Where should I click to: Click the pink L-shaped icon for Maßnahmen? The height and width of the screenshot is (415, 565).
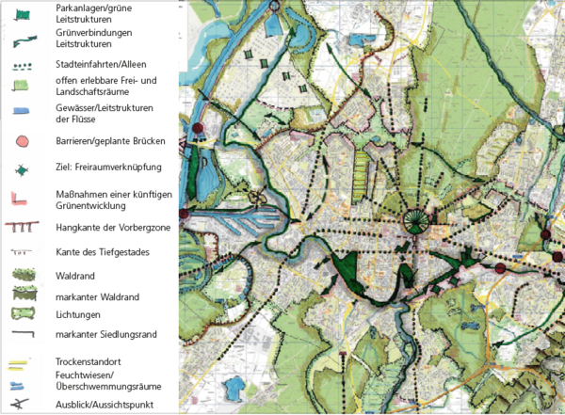pos(22,198)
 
